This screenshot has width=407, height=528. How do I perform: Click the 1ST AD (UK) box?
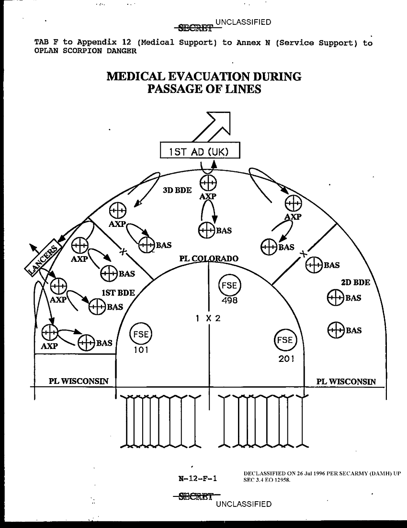pos(200,151)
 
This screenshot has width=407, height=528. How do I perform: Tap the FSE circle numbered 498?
pos(229,286)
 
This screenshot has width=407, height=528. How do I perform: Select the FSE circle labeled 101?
pos(141,335)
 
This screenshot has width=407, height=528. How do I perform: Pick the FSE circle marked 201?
pos(285,340)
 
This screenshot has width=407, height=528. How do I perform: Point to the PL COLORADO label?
pos(209,258)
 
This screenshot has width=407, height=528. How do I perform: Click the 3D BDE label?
pos(177,190)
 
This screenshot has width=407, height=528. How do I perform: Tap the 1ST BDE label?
pos(118,292)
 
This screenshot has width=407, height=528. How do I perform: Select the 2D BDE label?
pos(355,282)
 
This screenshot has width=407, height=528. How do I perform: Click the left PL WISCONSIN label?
pos(79,382)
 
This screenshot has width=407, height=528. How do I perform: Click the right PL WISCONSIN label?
pos(346,382)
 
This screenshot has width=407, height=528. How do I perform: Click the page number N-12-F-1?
pos(197,478)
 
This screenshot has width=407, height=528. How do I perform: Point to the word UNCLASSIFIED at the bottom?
pos(244,504)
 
